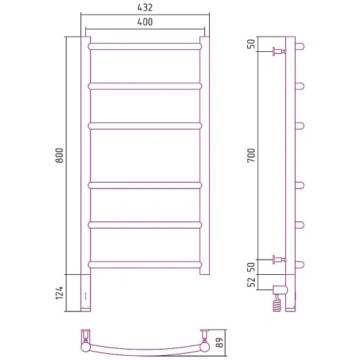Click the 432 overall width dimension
coord(145,8)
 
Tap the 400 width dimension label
coord(145,22)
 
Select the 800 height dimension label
coord(60,155)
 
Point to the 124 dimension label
coord(60,293)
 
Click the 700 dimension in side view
coord(251,155)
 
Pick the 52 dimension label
coord(251,282)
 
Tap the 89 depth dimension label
coord(220,343)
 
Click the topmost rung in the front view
coord(145,46)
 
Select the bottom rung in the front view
coord(145,264)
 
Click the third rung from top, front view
coord(145,126)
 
